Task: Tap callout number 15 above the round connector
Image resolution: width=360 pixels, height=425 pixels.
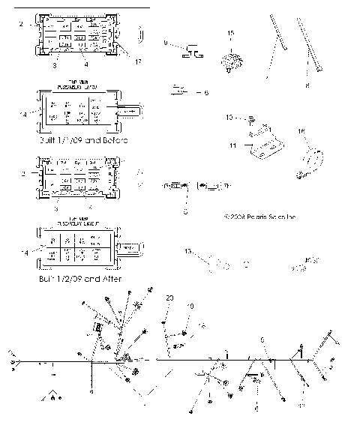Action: click(x=230, y=34)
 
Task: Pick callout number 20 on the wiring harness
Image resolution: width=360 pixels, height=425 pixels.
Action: click(x=170, y=298)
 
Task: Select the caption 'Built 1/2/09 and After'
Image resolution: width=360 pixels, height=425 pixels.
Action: click(x=79, y=278)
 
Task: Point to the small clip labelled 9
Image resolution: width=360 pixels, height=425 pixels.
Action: click(x=194, y=51)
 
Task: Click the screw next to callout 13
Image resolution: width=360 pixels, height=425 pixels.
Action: click(x=251, y=118)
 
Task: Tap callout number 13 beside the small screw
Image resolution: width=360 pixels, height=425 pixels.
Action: click(x=230, y=118)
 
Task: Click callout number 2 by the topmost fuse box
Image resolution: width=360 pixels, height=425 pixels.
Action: click(x=20, y=25)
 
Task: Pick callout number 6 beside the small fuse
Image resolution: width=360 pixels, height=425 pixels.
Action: click(x=206, y=93)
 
